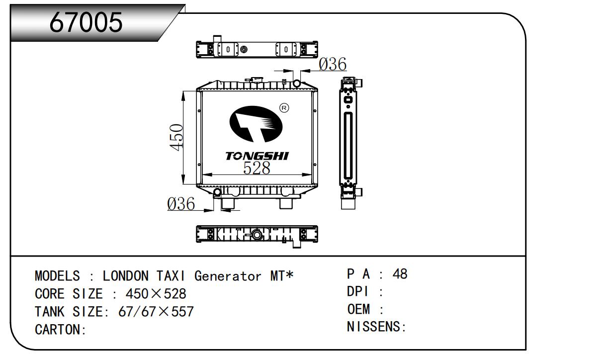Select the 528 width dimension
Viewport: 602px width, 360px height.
257,168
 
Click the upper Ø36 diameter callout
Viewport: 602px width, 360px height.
332,64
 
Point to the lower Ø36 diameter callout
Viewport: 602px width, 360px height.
181,204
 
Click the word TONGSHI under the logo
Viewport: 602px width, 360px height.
257,156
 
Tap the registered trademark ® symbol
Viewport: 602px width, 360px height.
284,108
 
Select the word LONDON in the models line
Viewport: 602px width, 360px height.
125,276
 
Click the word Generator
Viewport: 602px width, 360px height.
228,276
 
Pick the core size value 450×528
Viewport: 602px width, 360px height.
156,293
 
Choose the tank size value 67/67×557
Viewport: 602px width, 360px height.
156,311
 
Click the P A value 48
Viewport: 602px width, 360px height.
400,273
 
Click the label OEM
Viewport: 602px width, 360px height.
358,309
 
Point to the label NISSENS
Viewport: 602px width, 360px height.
373,327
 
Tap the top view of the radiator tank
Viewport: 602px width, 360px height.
257,49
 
